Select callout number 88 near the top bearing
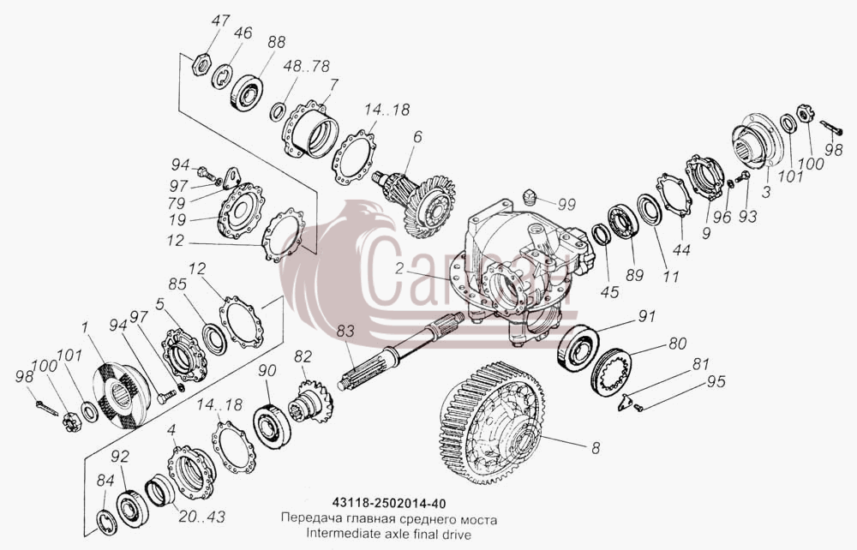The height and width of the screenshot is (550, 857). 276,43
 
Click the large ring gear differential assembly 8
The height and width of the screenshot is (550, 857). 491,421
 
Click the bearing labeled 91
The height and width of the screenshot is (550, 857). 578,346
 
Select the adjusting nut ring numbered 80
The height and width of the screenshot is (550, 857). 612,373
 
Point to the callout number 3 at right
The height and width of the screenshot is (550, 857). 766,192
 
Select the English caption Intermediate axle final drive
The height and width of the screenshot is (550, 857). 388,533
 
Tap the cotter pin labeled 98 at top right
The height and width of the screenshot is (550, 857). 831,129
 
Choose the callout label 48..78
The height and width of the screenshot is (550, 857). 307,66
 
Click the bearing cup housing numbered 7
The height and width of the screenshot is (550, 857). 309,130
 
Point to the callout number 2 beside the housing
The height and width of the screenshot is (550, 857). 399,268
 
